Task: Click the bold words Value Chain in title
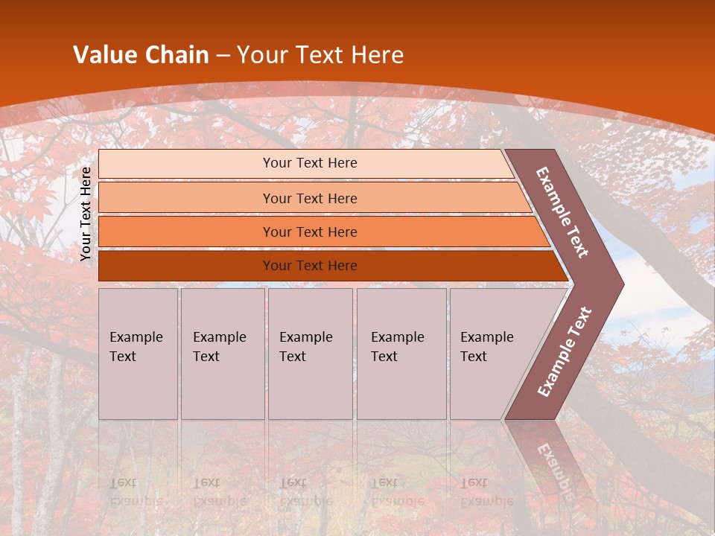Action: pos(141,55)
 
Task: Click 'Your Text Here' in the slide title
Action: pos(320,55)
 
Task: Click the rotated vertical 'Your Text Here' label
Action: pos(86,214)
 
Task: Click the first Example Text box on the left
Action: pos(138,354)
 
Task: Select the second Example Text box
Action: pos(222,354)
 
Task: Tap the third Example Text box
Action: pos(310,354)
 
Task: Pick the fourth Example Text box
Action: pos(401,354)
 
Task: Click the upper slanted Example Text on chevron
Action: pos(562,212)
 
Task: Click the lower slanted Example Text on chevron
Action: pos(565,352)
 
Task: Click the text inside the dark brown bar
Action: pos(310,266)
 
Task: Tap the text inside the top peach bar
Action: pos(310,163)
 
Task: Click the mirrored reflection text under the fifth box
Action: pos(486,491)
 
